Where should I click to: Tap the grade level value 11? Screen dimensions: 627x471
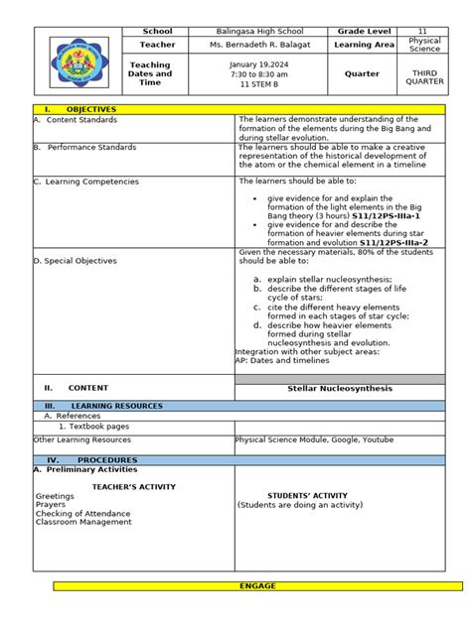coord(421,32)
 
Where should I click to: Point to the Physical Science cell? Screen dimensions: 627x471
coord(424,46)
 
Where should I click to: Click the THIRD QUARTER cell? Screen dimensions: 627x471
coord(424,77)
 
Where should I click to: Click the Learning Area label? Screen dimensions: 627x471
coord(365,46)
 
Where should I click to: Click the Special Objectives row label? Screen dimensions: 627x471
coord(78,261)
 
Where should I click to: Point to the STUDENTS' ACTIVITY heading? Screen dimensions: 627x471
coord(307,495)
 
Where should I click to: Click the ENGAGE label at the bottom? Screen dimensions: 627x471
coord(257,586)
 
